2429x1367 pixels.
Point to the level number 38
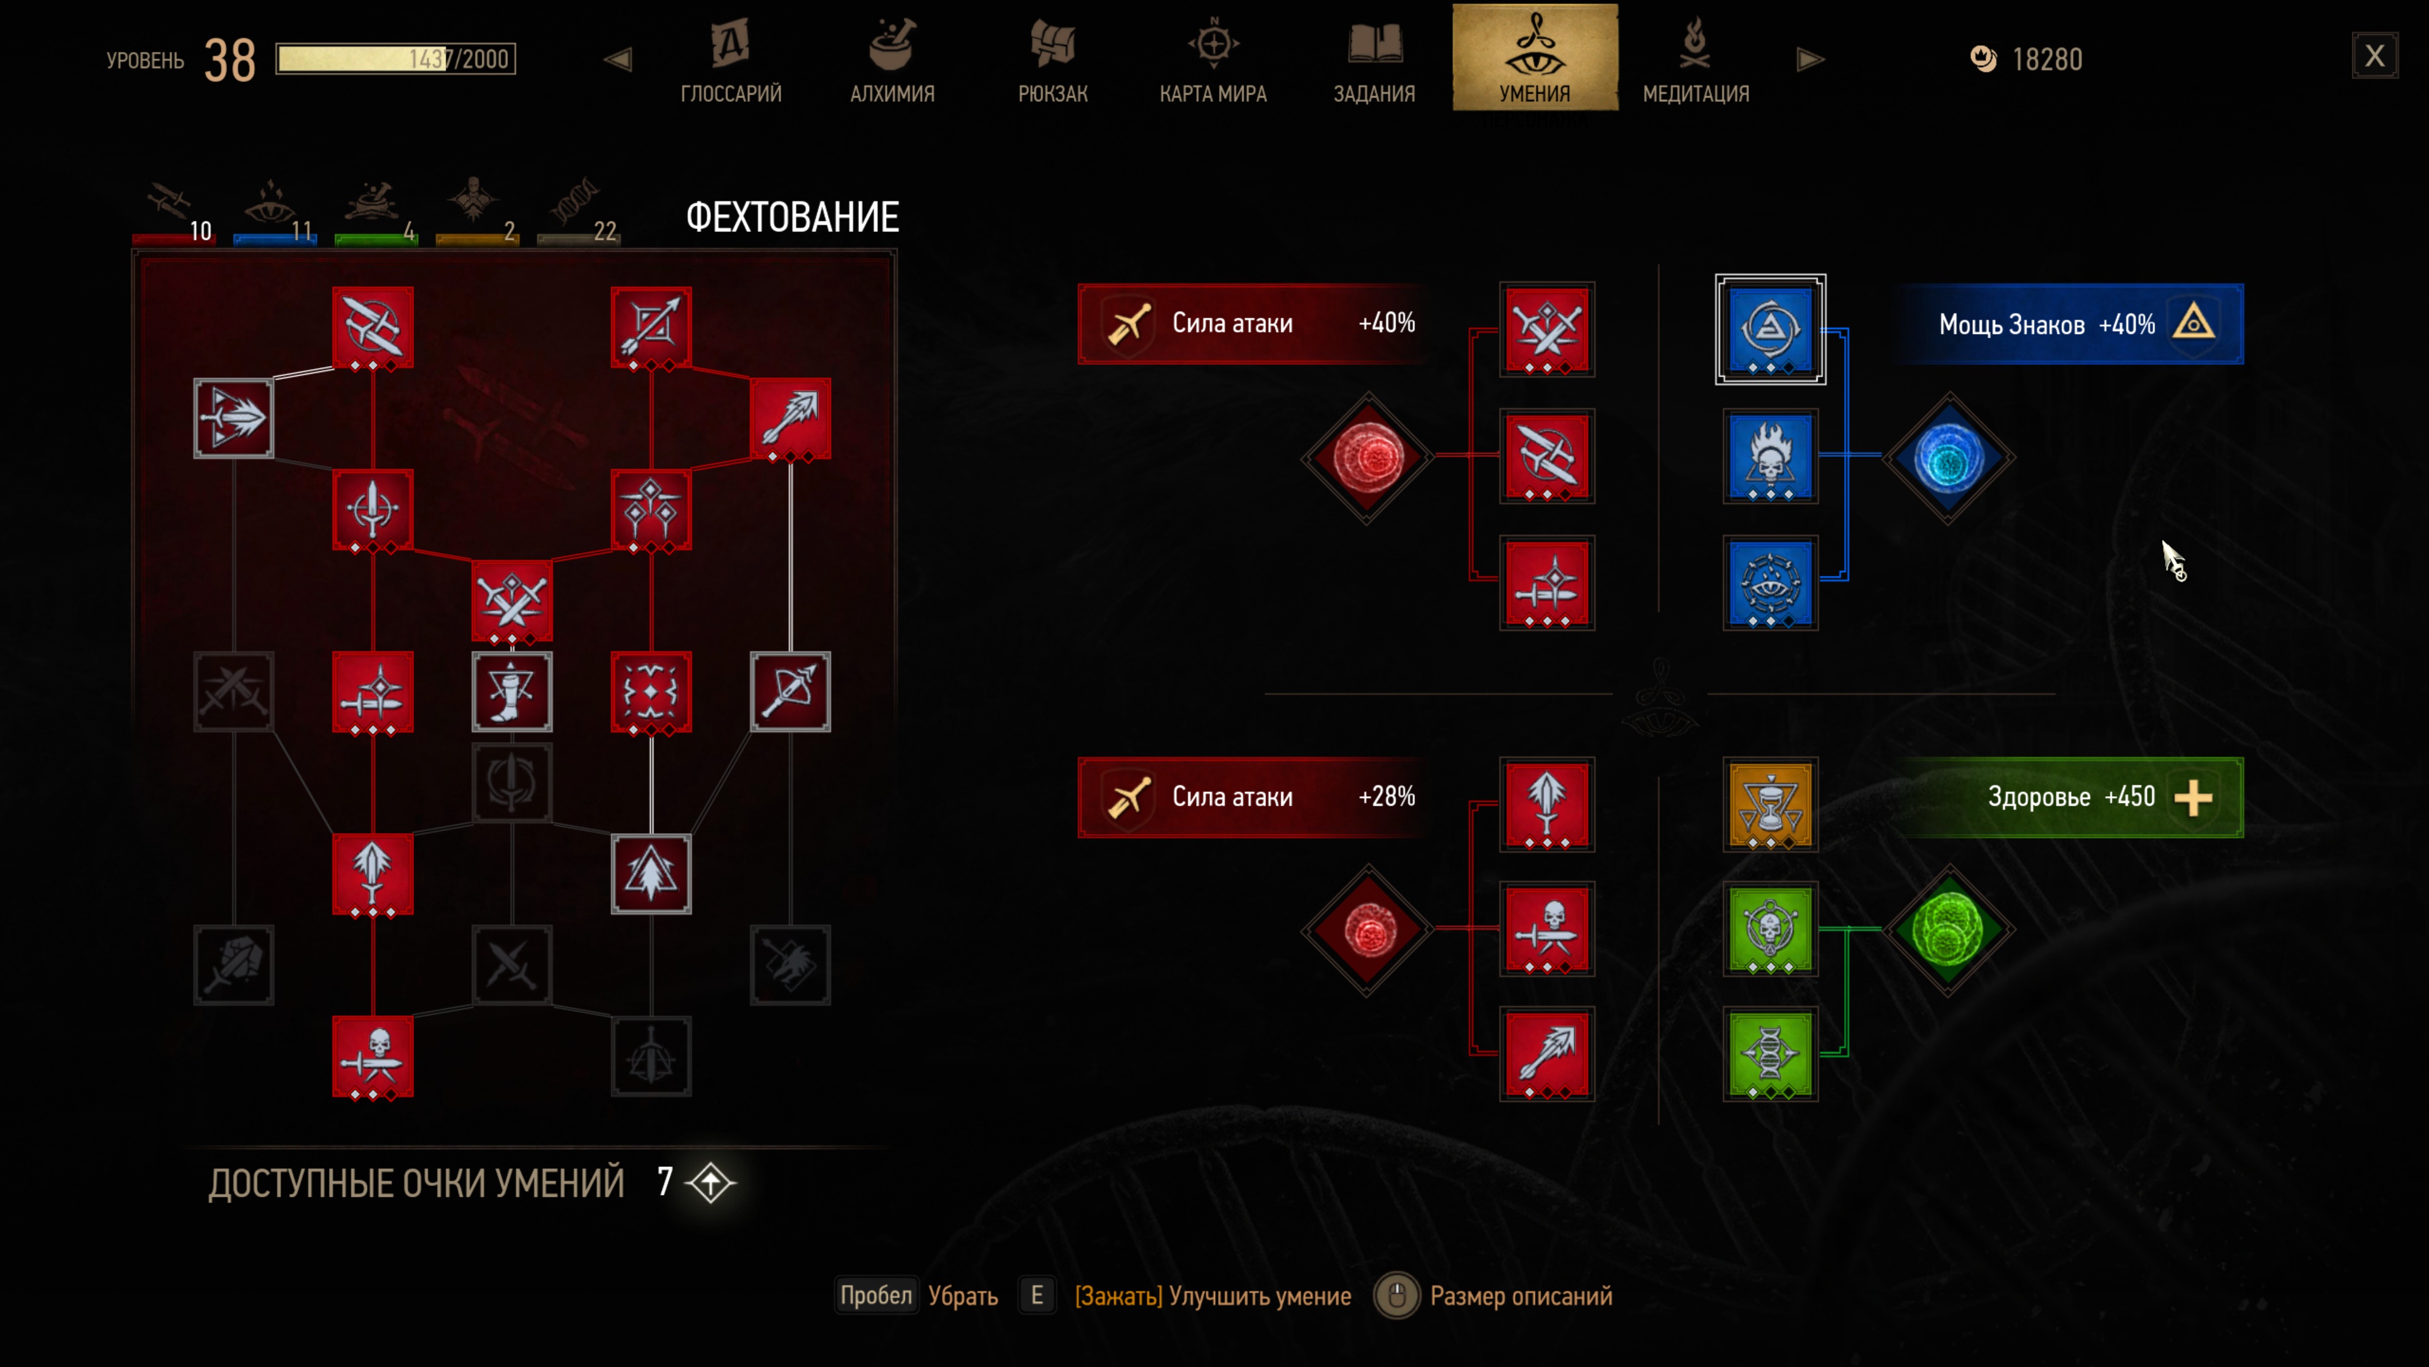click(229, 60)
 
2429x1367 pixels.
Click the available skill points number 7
click(665, 1181)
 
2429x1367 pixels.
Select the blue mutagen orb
click(1949, 458)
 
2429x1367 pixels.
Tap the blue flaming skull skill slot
click(1770, 456)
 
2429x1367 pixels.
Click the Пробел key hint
click(876, 1295)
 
